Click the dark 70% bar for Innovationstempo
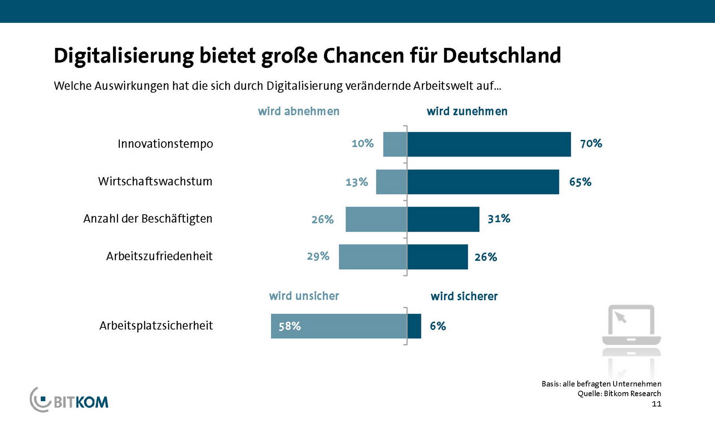pos(489,144)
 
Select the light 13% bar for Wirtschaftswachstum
pos(391,182)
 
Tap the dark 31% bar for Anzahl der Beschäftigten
pos(443,219)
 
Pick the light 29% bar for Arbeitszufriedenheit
pos(373,257)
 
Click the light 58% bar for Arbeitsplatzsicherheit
pos(339,326)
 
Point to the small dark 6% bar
pos(414,326)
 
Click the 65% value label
pos(580,182)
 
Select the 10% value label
pos(362,144)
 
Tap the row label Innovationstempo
pos(165,144)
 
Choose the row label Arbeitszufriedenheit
pos(159,256)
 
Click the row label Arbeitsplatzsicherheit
pos(156,326)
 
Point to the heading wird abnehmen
pos(299,111)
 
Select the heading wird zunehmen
pos(467,111)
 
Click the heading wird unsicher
pos(304,296)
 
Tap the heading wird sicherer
pos(464,296)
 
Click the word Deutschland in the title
pos(501,56)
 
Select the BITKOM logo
pos(69,400)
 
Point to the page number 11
pos(656,404)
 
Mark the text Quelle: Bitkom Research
pos(619,393)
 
